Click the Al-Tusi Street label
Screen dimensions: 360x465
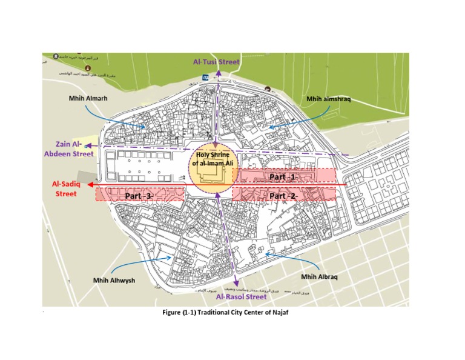click(216, 62)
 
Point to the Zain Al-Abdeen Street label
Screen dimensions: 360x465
click(68, 150)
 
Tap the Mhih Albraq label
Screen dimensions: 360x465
click(322, 277)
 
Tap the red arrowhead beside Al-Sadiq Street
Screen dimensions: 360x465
click(89, 184)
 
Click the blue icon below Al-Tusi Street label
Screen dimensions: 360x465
click(205, 76)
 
